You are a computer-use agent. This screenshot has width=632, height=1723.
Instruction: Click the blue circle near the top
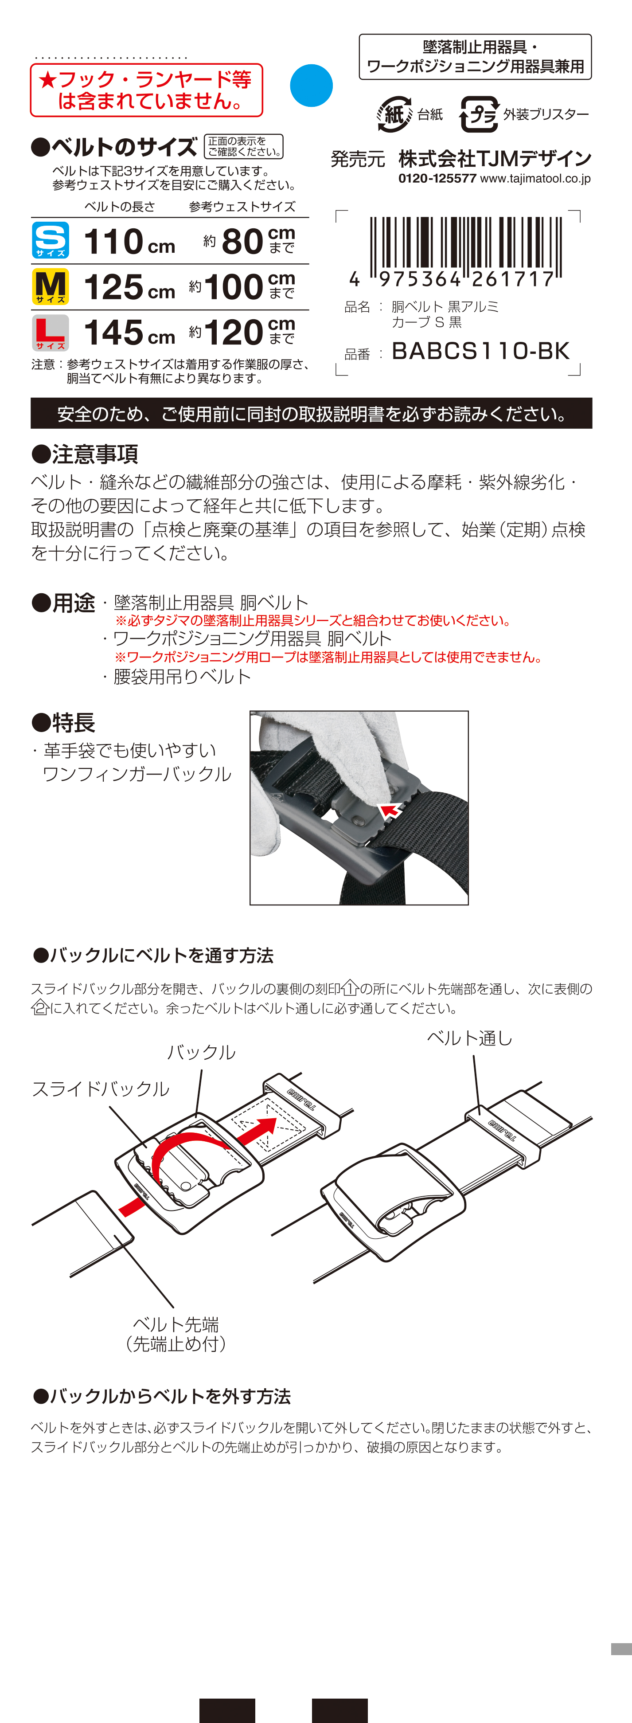point(311,86)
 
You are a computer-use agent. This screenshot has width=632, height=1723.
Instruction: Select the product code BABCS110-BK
point(480,351)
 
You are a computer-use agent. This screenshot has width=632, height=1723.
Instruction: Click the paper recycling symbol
point(394,114)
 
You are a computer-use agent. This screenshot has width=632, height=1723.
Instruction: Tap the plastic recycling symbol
point(479,114)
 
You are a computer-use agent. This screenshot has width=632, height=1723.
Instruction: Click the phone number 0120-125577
point(437,179)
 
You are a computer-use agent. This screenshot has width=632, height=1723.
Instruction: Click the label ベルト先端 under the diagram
point(176,1324)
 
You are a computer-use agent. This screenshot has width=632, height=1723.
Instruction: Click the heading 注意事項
point(85,454)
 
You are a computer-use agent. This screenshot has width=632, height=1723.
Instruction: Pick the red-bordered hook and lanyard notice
point(146,90)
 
